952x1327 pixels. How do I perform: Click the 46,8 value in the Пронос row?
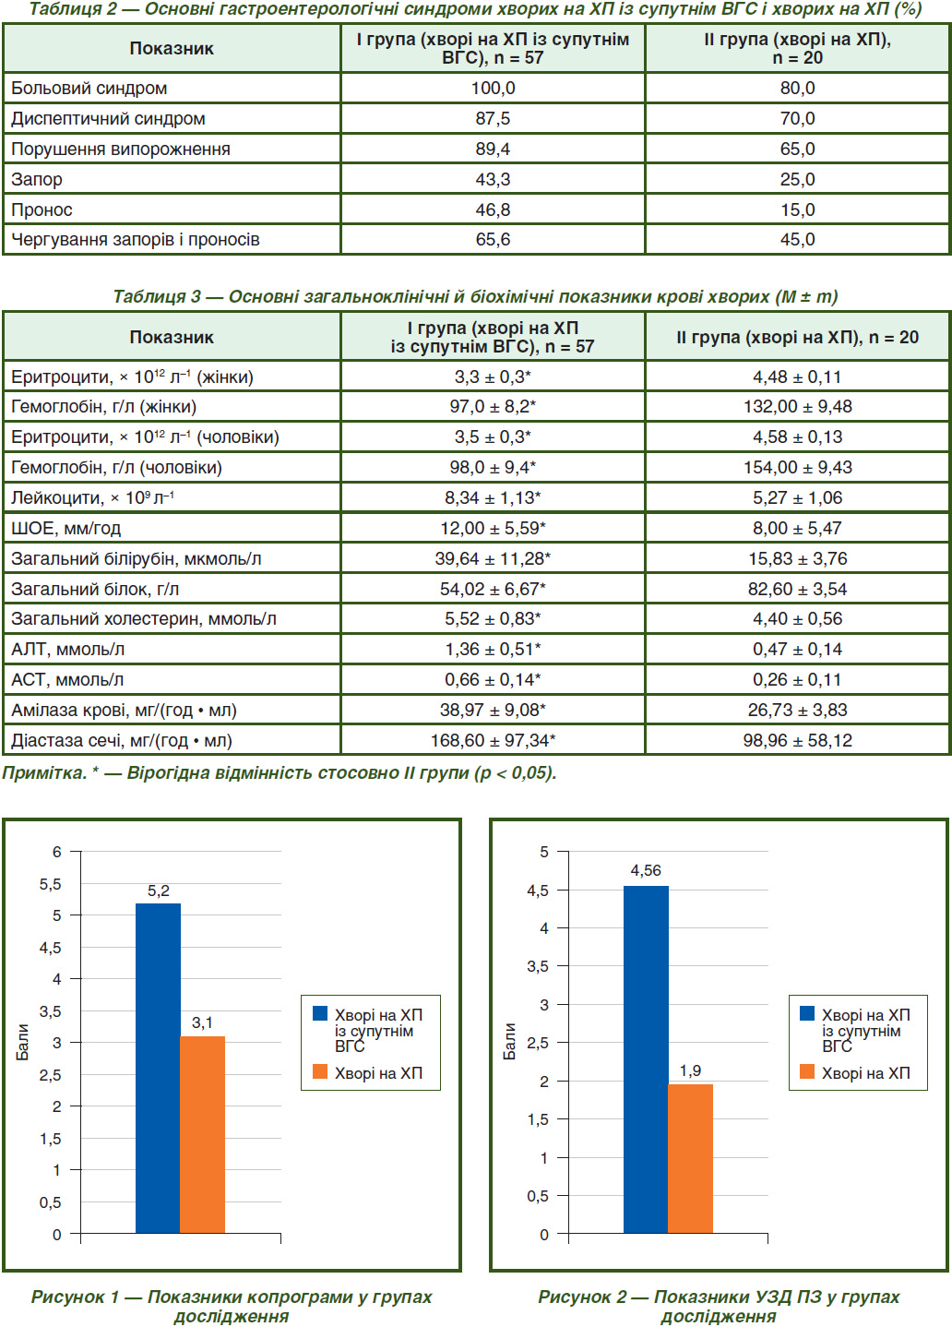tap(493, 209)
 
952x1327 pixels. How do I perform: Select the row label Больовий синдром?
tap(89, 89)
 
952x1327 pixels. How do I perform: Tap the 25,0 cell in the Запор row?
tap(797, 179)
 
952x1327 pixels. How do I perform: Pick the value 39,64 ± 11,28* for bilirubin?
tap(493, 558)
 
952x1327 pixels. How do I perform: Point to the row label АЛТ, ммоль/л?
tap(67, 650)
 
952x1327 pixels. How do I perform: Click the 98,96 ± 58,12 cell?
tap(797, 740)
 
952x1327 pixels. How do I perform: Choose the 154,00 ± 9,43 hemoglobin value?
tap(797, 468)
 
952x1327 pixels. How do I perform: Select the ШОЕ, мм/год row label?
tap(65, 529)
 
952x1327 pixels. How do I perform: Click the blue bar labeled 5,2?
tap(158, 1068)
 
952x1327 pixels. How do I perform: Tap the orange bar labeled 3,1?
tap(202, 1134)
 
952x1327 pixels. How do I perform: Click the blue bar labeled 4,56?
tap(646, 1058)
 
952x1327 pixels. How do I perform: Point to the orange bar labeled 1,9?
tap(690, 1159)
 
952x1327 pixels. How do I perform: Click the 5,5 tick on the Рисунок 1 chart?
tap(51, 884)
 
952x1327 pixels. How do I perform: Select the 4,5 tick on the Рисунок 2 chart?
tap(538, 891)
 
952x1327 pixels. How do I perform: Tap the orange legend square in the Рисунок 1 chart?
tap(320, 1071)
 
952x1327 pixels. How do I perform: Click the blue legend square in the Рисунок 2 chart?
tap(807, 1013)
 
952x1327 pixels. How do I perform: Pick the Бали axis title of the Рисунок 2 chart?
tap(509, 1042)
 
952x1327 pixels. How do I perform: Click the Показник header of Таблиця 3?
tap(172, 337)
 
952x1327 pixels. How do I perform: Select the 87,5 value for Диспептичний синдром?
tap(493, 118)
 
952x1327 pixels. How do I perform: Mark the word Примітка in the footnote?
tap(45, 772)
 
